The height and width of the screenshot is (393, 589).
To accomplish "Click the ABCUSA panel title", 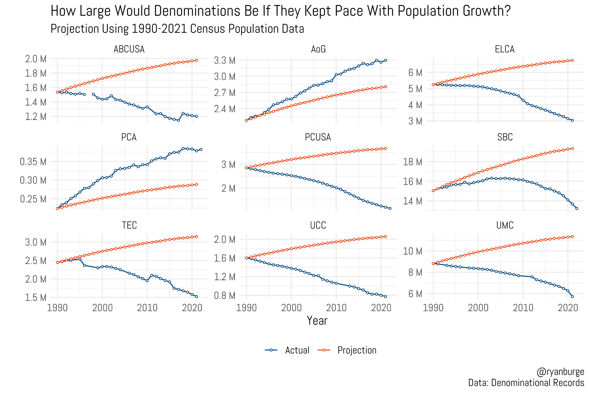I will (x=129, y=49).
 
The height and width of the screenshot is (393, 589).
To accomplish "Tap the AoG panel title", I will (x=318, y=49).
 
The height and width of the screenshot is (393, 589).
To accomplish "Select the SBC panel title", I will (x=505, y=137).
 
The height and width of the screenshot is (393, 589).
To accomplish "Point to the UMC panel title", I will (x=505, y=225).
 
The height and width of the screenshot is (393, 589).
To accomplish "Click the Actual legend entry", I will (x=297, y=350).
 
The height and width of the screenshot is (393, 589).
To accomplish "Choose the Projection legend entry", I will (x=357, y=350).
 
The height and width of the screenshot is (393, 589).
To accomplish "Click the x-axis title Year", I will (x=317, y=321).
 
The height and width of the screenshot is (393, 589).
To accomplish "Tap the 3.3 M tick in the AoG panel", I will (x=225, y=60).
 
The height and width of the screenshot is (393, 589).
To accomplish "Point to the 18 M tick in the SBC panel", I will (x=413, y=162).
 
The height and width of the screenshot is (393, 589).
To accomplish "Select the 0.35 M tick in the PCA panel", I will (x=33, y=162).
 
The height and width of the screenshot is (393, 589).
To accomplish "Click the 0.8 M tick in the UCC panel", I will (x=225, y=295).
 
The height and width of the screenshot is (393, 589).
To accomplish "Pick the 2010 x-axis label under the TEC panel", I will (x=147, y=308).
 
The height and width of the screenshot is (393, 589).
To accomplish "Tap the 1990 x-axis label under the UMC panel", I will (x=433, y=308).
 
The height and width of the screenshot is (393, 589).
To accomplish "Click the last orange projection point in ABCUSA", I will (x=197, y=60).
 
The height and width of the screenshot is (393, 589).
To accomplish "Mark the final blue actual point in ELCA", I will (x=572, y=120).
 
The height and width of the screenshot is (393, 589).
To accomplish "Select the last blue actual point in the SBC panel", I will (x=577, y=209).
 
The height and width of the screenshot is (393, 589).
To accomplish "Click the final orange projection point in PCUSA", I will (x=386, y=149).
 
